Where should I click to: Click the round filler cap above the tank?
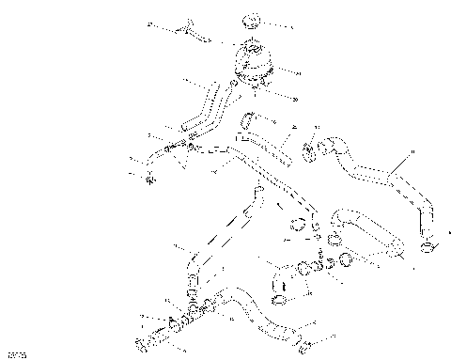point(253,19)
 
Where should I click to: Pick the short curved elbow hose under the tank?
point(249,119)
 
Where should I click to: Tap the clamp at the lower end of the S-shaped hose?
point(428,246)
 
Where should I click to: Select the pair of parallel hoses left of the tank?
point(202,108)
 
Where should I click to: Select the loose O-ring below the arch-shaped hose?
point(347,259)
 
